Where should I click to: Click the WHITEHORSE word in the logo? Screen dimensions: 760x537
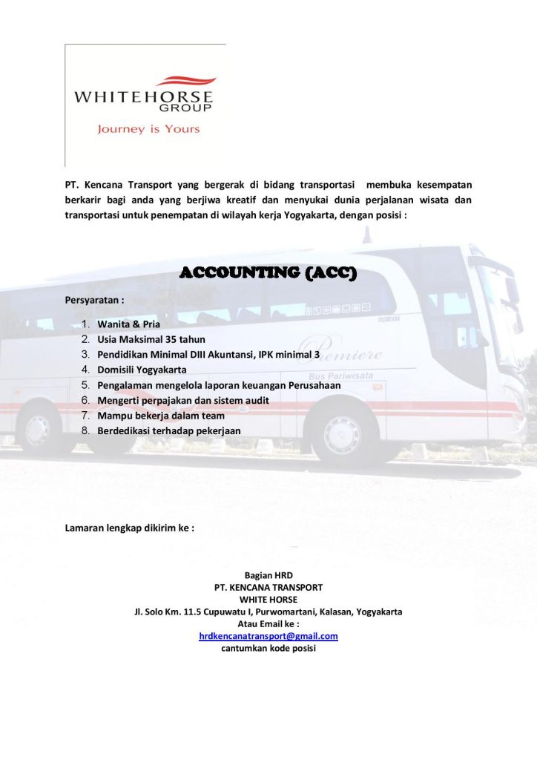(143, 96)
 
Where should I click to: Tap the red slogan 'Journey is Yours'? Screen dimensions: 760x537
(148, 129)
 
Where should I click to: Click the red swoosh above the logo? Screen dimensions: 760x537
(185, 81)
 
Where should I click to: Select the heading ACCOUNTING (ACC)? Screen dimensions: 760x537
(268, 274)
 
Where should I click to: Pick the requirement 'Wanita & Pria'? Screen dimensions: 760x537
(128, 324)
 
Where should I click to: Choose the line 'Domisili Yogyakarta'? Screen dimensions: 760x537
(142, 370)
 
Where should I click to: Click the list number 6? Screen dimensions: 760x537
(85, 400)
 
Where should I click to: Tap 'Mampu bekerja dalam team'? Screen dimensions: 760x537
(161, 416)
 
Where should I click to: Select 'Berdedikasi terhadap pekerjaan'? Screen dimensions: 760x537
(169, 430)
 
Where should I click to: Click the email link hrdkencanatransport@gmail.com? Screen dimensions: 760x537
(268, 636)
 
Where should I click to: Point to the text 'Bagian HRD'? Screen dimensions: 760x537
(268, 575)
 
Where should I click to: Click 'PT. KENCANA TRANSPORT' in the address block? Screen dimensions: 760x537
(268, 587)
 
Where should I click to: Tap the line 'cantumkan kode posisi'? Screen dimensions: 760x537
(268, 649)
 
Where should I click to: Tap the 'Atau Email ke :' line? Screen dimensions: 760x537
(268, 624)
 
